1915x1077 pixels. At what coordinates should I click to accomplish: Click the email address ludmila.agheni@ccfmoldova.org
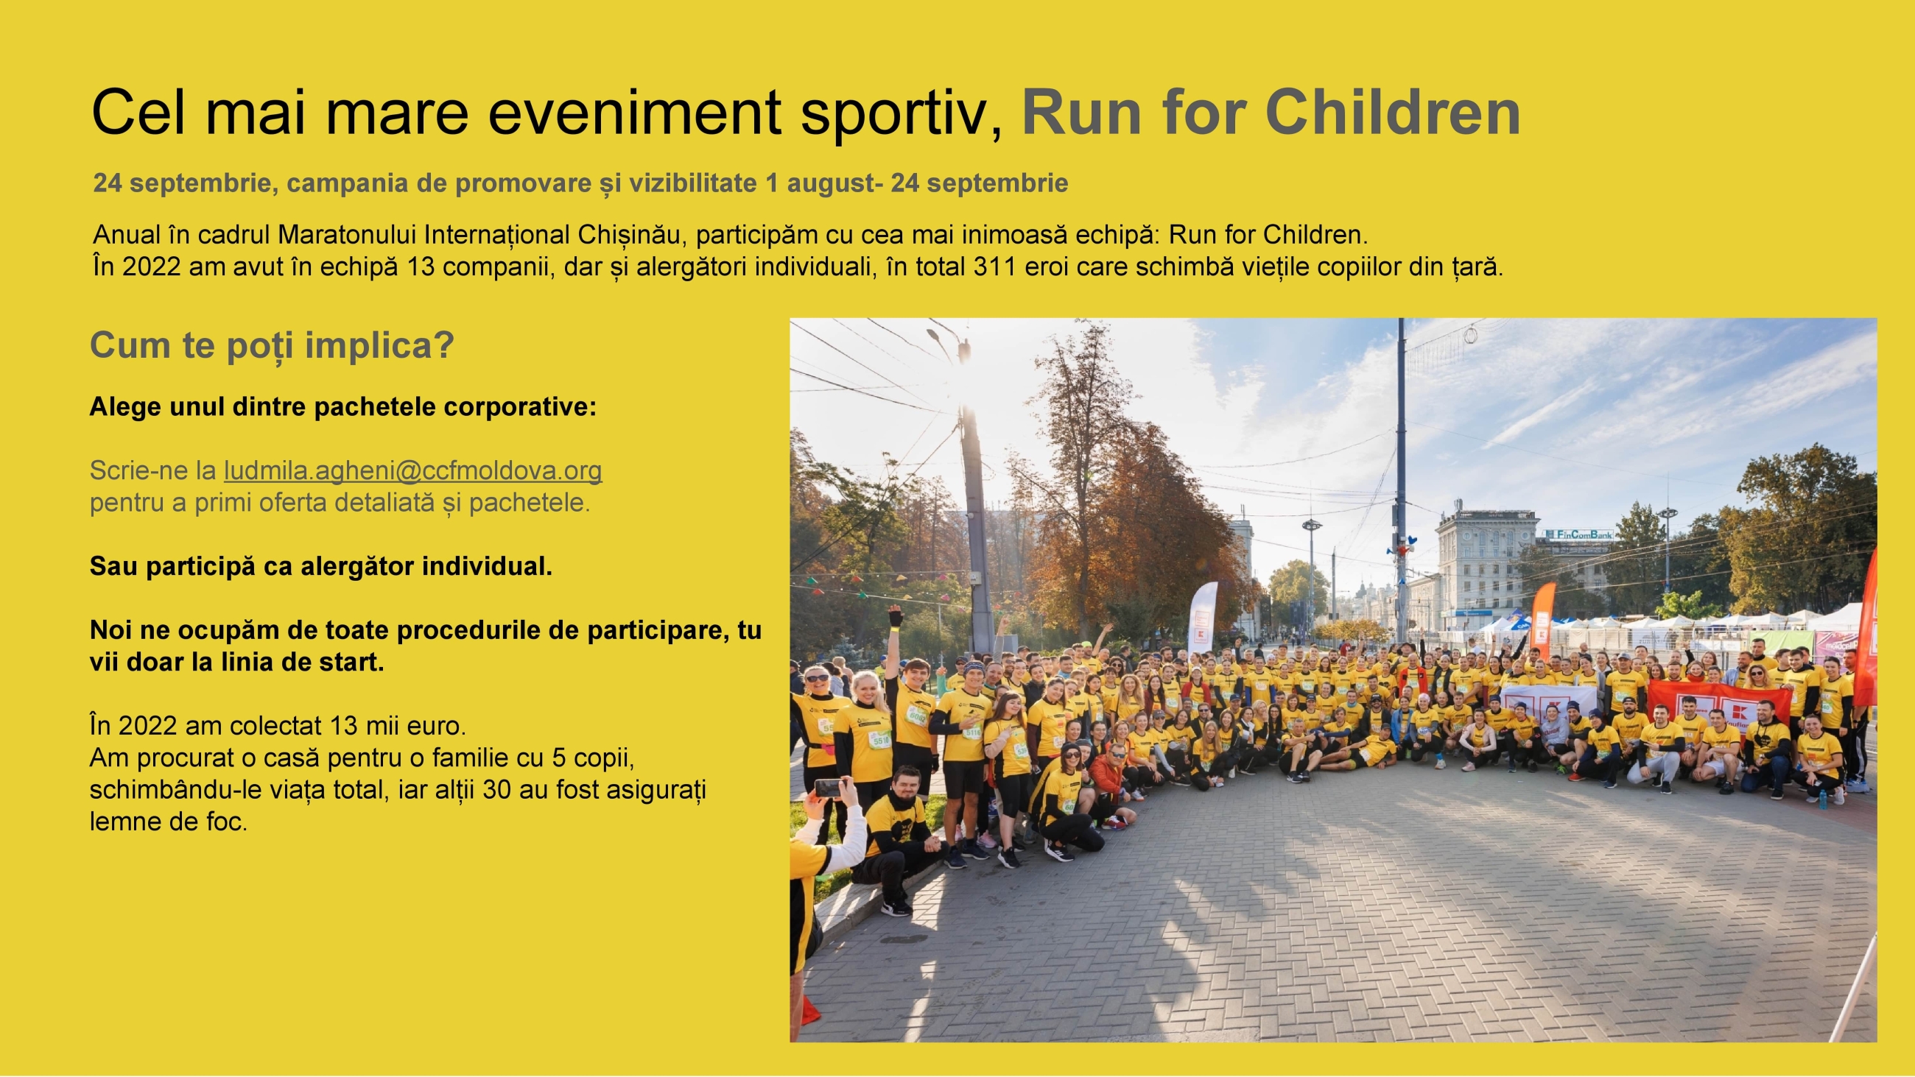coord(412,470)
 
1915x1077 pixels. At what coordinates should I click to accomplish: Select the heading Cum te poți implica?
coord(272,345)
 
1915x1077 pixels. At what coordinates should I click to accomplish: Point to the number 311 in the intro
coord(994,266)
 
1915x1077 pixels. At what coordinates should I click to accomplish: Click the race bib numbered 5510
coord(881,741)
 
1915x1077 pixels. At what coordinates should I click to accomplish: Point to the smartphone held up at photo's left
coord(827,787)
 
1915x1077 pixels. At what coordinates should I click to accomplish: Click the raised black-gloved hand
coord(895,617)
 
